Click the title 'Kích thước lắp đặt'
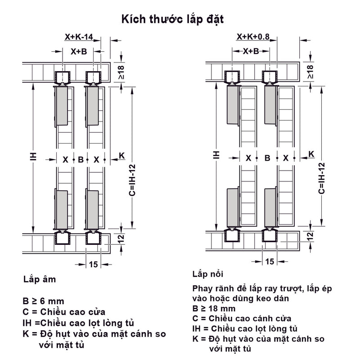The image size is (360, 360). click(172, 19)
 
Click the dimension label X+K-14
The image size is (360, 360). click(79, 37)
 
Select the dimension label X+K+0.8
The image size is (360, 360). click(253, 36)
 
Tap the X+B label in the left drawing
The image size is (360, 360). click(79, 51)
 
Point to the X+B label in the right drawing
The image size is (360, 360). click(251, 51)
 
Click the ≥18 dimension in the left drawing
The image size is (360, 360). click(121, 72)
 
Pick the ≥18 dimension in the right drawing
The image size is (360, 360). click(310, 72)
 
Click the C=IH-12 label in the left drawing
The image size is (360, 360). click(132, 180)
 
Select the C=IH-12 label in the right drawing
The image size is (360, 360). click(322, 178)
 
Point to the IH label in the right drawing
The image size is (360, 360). click(216, 155)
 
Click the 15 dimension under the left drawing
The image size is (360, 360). click(94, 265)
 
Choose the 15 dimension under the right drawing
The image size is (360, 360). click(270, 261)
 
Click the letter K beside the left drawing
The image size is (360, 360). click(121, 156)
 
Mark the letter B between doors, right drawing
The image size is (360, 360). click(267, 158)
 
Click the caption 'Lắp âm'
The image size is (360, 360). click(40, 279)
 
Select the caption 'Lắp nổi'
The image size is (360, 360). click(208, 274)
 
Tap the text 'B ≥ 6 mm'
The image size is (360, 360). click(43, 301)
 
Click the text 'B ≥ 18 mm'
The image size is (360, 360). click(214, 309)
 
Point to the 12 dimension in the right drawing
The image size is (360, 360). click(310, 236)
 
